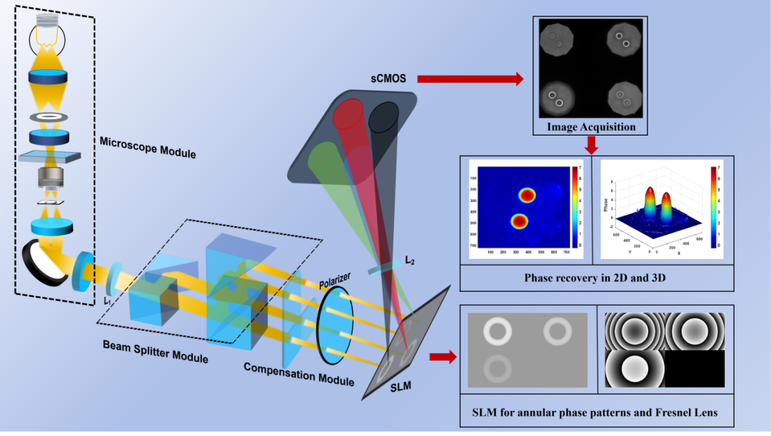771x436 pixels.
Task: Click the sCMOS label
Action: click(x=388, y=78)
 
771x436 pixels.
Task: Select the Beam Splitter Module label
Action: click(x=156, y=352)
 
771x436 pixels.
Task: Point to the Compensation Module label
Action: click(x=298, y=374)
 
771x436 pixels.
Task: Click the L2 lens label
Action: click(x=409, y=261)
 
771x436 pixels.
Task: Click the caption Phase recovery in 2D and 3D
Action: click(x=595, y=277)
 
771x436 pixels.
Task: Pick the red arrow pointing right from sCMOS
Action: click(x=470, y=78)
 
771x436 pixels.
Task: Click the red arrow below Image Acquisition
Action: click(x=590, y=145)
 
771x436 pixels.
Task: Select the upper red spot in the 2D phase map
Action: click(x=526, y=195)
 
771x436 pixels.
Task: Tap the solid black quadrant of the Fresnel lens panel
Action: click(x=694, y=369)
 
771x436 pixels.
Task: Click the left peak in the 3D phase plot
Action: click(x=650, y=202)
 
